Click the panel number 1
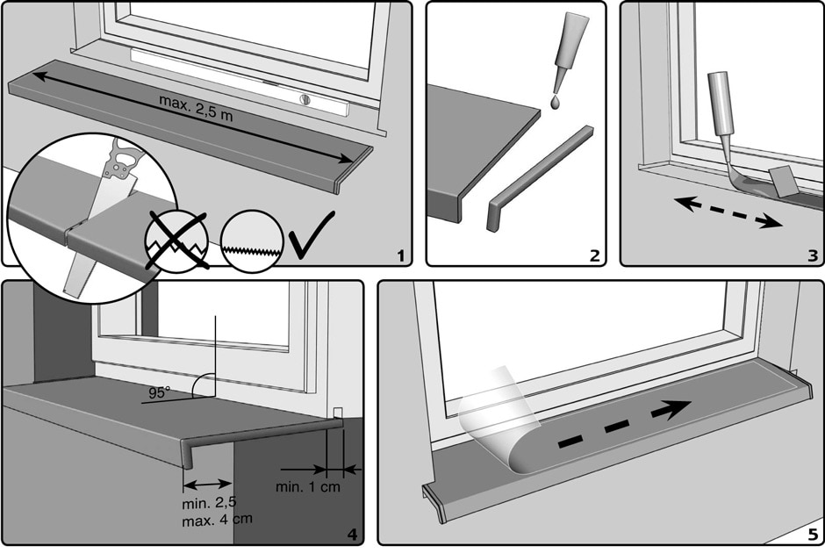pyautogui.click(x=400, y=255)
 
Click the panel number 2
pyautogui.click(x=594, y=255)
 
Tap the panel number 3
pyautogui.click(x=812, y=255)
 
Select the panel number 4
pyautogui.click(x=351, y=534)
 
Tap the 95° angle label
pyautogui.click(x=159, y=392)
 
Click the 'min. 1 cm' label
pyautogui.click(x=307, y=487)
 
